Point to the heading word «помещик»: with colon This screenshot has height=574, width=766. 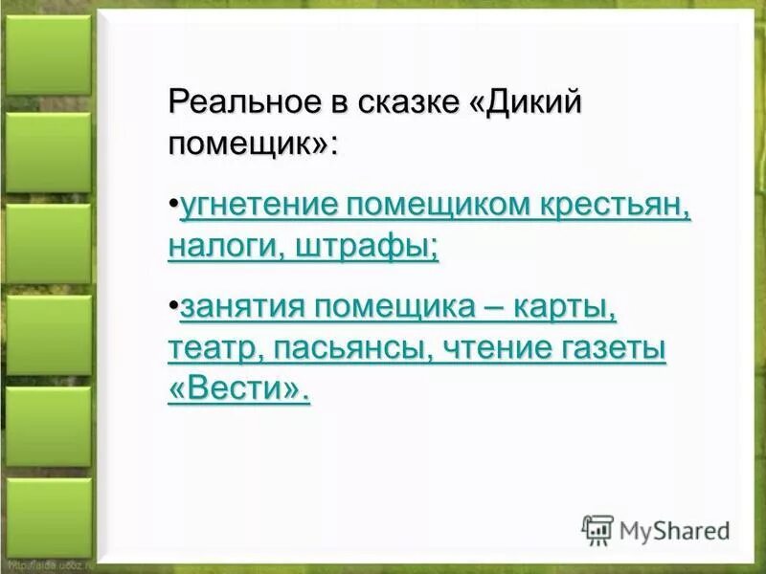click(254, 144)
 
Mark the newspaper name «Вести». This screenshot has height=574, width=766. click(239, 389)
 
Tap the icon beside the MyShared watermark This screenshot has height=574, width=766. click(598, 530)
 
